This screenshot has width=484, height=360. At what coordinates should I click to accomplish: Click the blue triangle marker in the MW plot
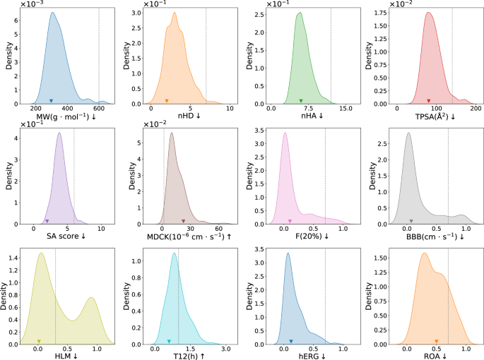click(x=51, y=101)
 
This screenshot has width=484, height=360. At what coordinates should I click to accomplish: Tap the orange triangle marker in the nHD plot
click(x=166, y=101)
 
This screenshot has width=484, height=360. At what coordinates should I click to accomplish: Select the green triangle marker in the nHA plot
click(x=301, y=101)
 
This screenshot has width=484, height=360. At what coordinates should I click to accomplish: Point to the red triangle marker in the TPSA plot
click(x=429, y=101)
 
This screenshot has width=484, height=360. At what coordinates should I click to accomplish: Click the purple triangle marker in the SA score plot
click(x=47, y=221)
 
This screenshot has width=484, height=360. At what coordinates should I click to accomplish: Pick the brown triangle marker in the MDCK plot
click(x=183, y=221)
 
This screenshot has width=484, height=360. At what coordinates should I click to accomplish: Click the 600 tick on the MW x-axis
click(x=99, y=109)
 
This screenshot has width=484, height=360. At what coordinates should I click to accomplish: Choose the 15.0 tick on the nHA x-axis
click(x=346, y=109)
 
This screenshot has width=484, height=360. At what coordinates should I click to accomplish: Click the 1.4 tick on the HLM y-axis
click(x=13, y=259)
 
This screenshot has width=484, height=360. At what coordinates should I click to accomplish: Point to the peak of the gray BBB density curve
click(x=408, y=133)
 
